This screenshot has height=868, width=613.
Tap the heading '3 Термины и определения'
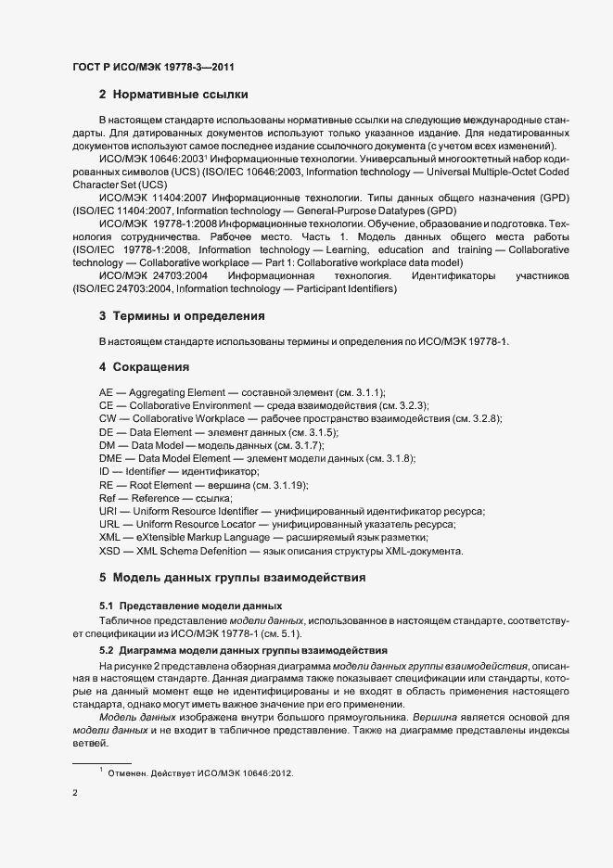(x=182, y=316)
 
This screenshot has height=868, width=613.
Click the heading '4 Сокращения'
(x=144, y=367)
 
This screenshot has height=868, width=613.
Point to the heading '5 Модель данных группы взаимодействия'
(x=232, y=578)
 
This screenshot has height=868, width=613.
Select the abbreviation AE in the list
(x=106, y=393)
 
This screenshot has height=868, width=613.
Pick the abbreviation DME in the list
(x=110, y=459)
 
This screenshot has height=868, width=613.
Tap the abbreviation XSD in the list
(x=109, y=551)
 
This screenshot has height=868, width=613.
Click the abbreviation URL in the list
(x=109, y=525)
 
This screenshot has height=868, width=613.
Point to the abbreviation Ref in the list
(x=107, y=499)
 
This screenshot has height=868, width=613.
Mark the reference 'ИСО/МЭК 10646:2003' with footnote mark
(x=148, y=159)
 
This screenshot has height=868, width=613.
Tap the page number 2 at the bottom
(x=75, y=793)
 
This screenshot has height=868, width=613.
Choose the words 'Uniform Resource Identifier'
(x=203, y=512)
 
